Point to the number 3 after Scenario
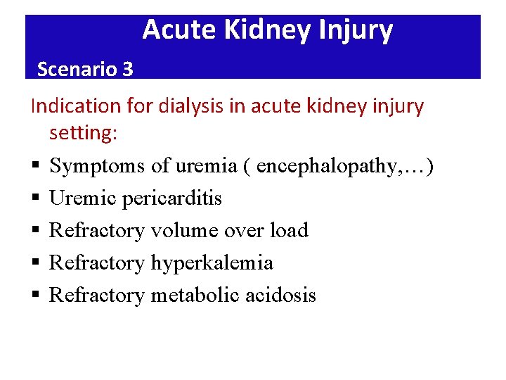pos(127,69)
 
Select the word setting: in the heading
pos(82,133)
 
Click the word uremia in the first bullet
pos(210,166)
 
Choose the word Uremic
pos(83,198)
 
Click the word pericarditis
pos(171,198)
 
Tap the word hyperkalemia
pos(212,263)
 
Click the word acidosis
pos(280,296)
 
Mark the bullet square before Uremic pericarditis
pos(34,199)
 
